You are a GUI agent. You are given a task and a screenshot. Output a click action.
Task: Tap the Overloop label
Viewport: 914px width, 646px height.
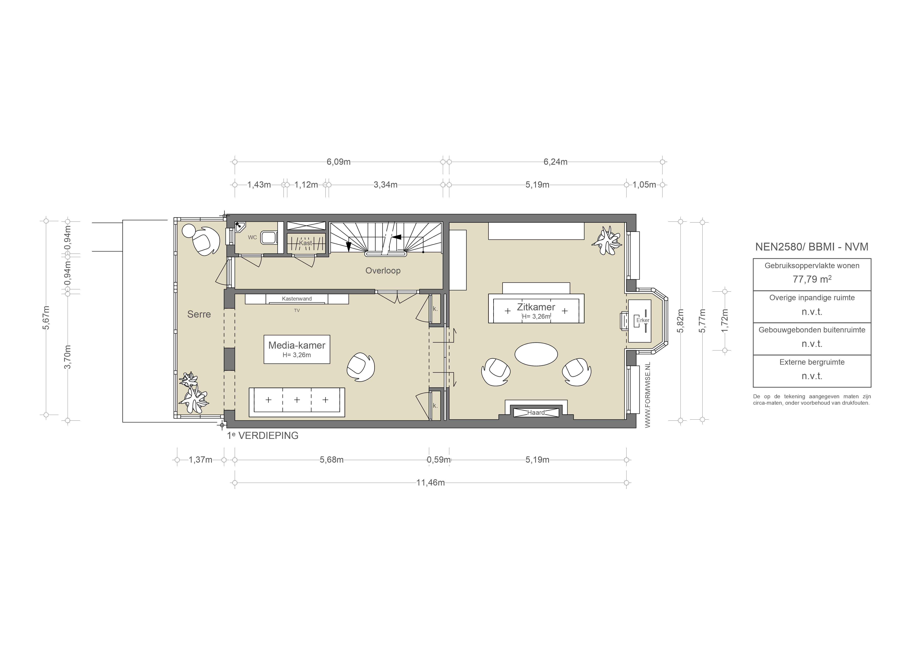(383, 271)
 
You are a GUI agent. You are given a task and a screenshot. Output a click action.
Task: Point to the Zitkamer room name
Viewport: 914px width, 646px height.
(536, 307)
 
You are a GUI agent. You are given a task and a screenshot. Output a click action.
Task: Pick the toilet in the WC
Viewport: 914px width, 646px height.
(269, 237)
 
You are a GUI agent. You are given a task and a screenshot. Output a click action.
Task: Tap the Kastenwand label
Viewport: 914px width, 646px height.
(297, 298)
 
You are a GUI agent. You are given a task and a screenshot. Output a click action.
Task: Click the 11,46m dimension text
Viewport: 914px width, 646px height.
(430, 483)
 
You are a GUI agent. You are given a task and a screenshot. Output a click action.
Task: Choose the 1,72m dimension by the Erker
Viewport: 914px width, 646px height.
(724, 321)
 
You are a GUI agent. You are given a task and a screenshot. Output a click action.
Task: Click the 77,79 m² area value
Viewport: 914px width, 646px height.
(812, 279)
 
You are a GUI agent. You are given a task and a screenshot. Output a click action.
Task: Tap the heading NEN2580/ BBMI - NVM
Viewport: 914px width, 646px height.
(812, 247)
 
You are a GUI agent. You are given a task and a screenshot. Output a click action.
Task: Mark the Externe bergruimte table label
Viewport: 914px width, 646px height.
(812, 362)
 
